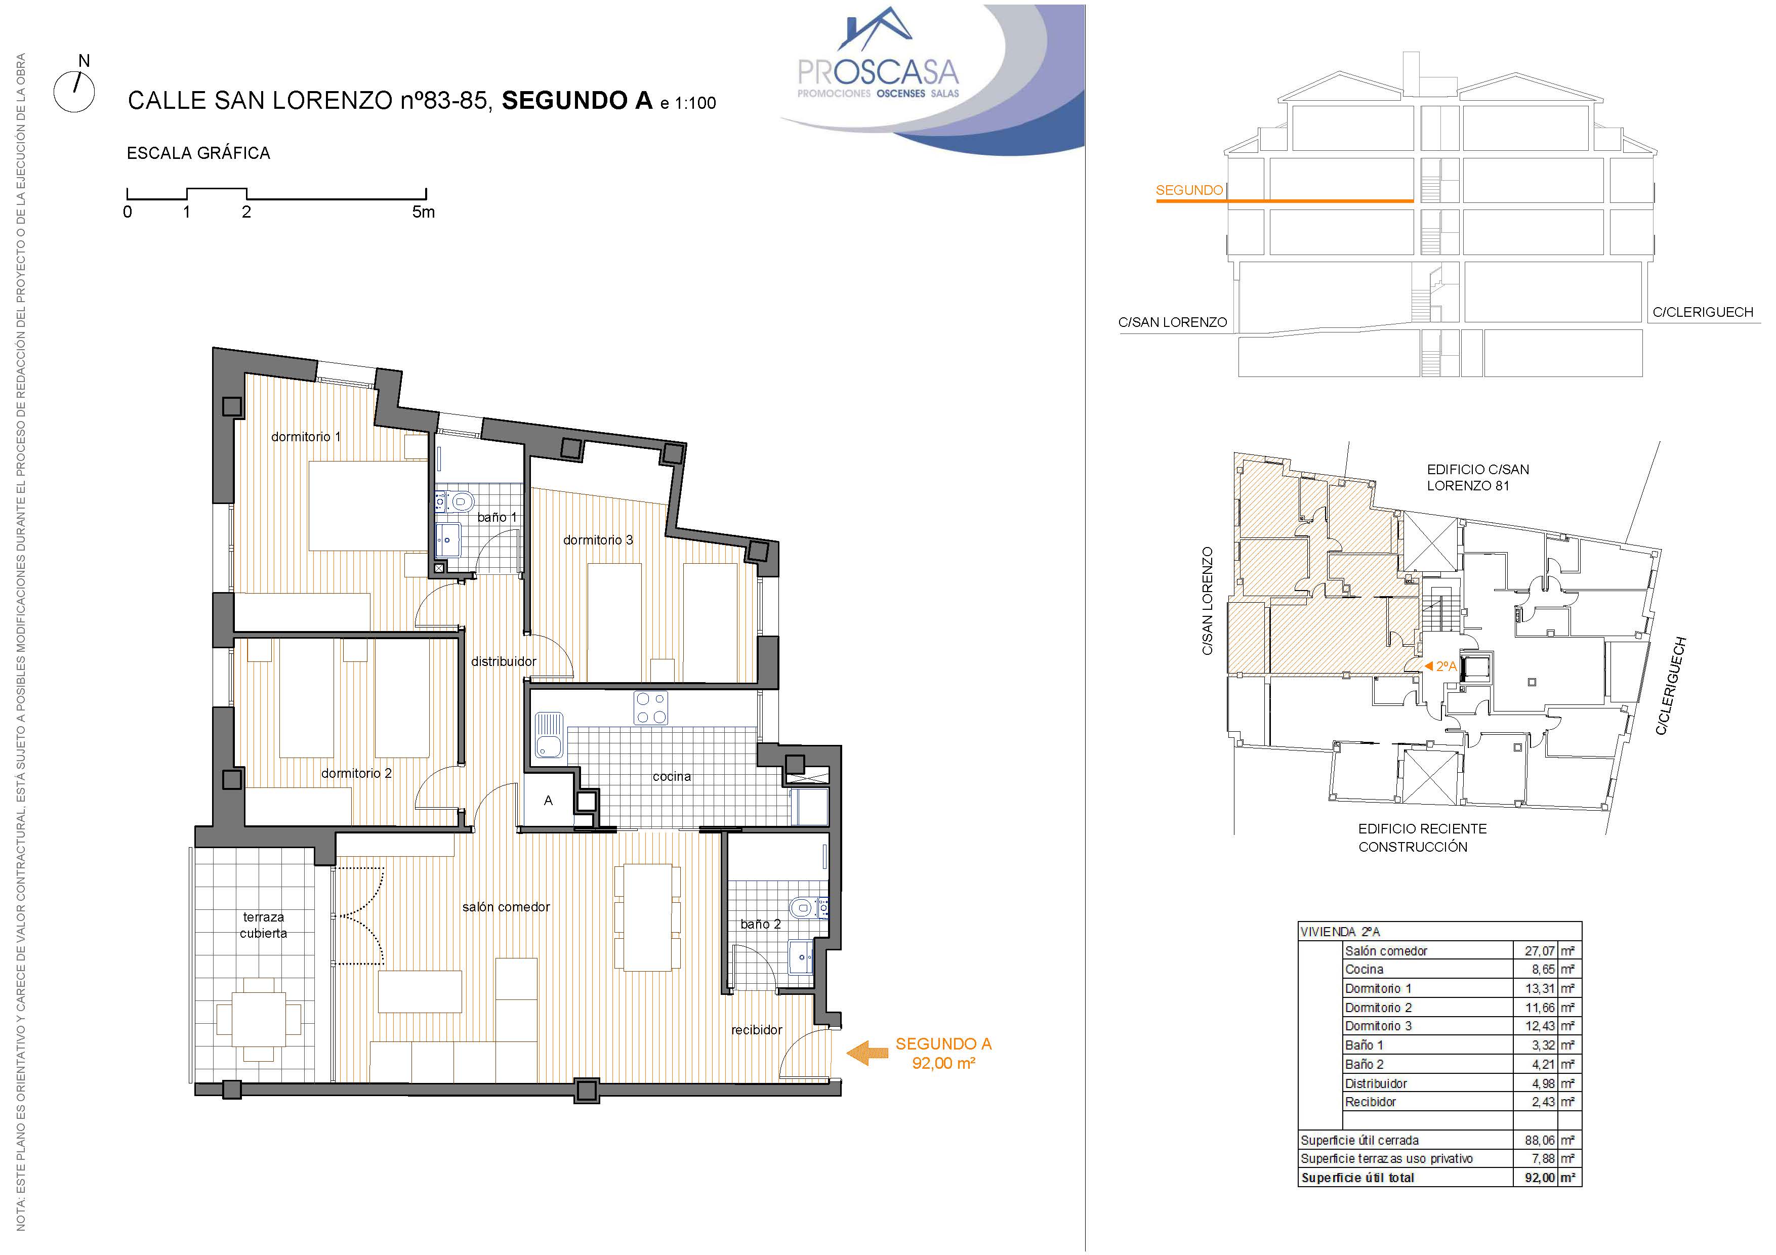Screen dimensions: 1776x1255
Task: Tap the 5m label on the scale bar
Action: pyautogui.click(x=423, y=212)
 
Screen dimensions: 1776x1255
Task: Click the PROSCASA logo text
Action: pyautogui.click(x=878, y=73)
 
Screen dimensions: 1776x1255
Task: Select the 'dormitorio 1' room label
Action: pyautogui.click(x=306, y=437)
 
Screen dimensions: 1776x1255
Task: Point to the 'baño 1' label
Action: pyautogui.click(x=497, y=517)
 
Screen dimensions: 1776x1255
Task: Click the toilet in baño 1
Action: pyautogui.click(x=461, y=502)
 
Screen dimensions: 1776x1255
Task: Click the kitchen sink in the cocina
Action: pyautogui.click(x=549, y=735)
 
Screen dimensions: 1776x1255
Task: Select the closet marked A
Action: pyautogui.click(x=549, y=801)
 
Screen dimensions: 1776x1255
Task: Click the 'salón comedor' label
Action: pyautogui.click(x=506, y=907)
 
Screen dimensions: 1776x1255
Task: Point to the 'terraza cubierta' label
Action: pyautogui.click(x=263, y=925)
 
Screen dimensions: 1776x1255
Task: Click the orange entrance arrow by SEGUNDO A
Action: pyautogui.click(x=867, y=1053)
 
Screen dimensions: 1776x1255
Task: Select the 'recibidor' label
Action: pyautogui.click(x=757, y=1030)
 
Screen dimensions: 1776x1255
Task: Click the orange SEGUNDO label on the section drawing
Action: pyautogui.click(x=1189, y=190)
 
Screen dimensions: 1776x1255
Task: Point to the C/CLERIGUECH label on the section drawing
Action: pyautogui.click(x=1703, y=312)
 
